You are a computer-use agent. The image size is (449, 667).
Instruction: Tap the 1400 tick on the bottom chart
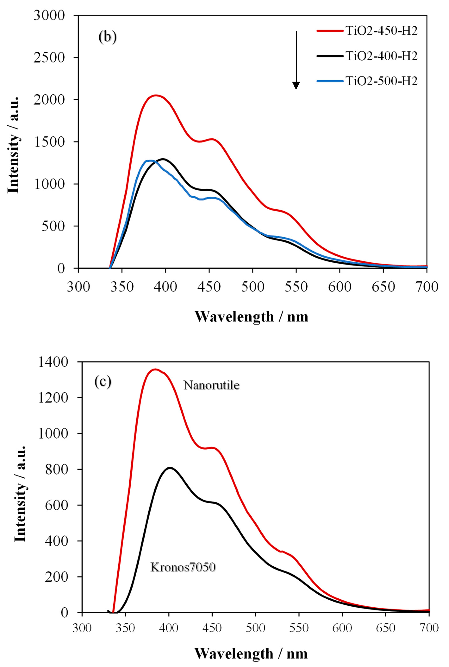click(53, 362)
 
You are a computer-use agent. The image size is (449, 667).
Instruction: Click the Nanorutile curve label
click(211, 385)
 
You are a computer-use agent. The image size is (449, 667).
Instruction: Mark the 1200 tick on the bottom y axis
click(53, 398)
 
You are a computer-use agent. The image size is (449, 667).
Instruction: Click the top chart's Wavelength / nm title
click(251, 317)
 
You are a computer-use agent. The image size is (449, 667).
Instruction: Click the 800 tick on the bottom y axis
click(57, 469)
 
